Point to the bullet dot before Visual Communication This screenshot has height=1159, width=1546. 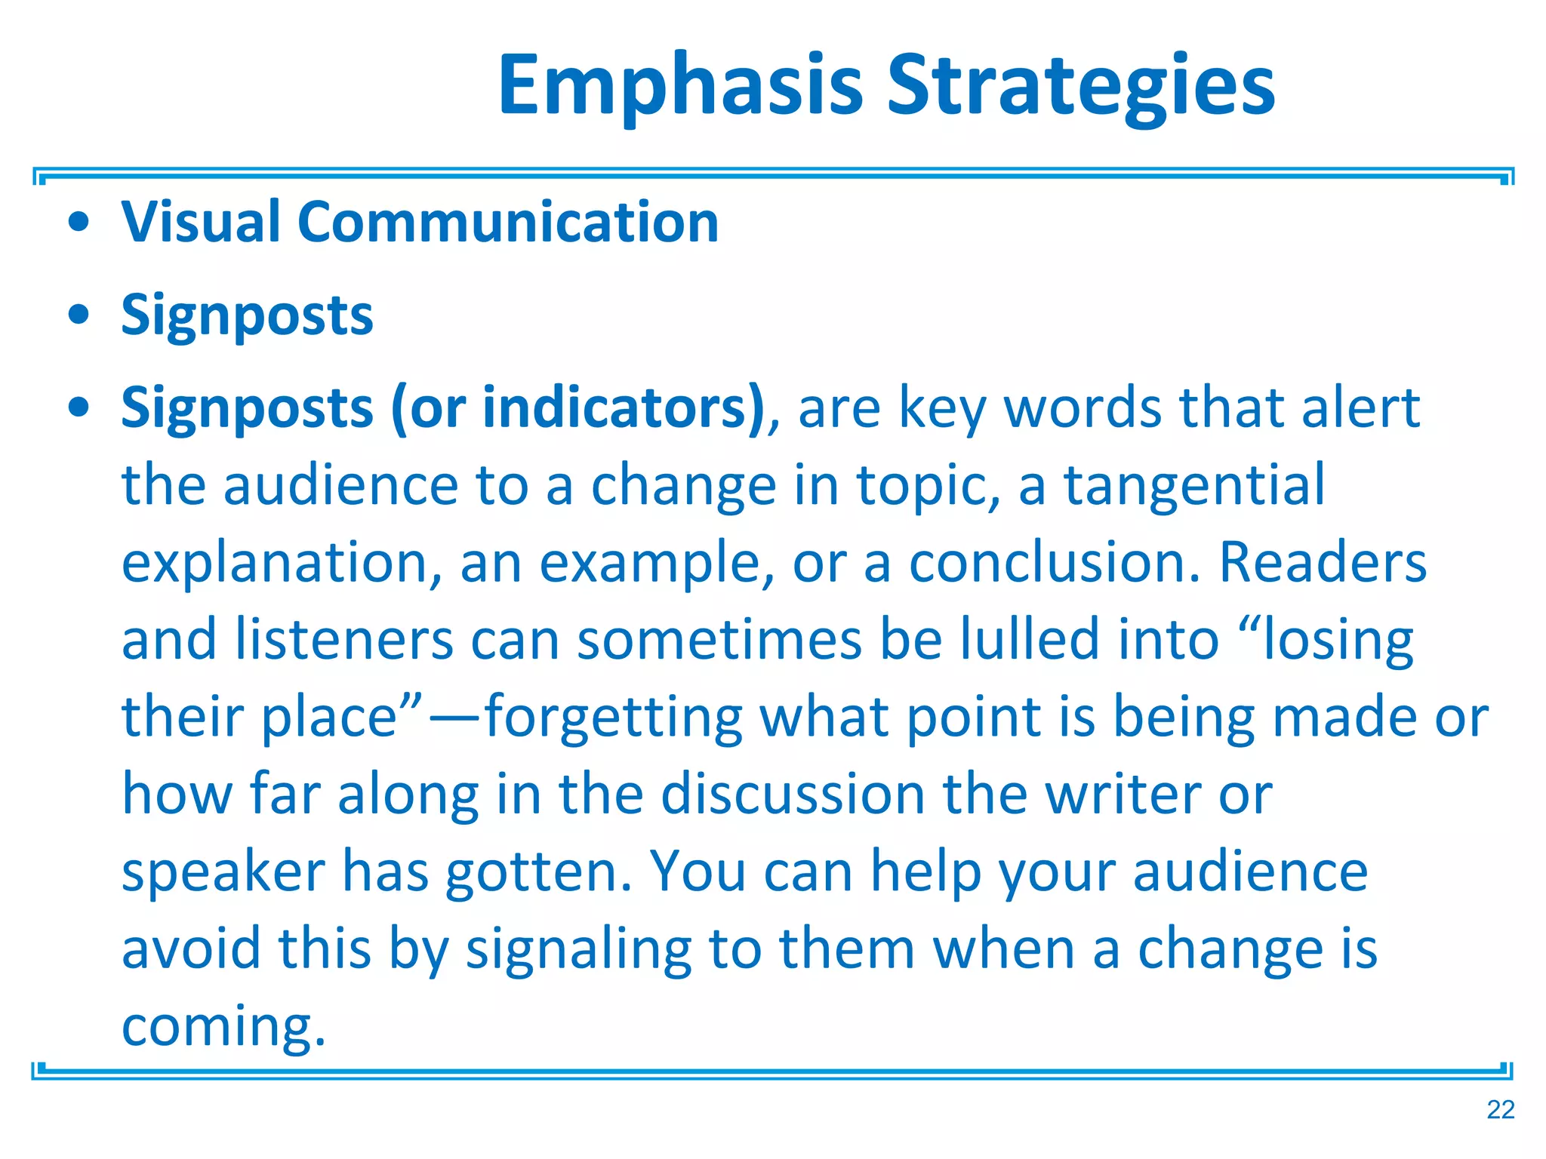click(x=79, y=223)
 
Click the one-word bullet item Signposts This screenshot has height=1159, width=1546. click(x=247, y=315)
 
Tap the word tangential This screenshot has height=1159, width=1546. click(x=1194, y=485)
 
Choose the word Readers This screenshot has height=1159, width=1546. click(x=1323, y=563)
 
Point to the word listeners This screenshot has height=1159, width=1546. click(x=344, y=640)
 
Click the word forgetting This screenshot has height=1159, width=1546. click(x=613, y=717)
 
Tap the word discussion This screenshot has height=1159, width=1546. click(x=793, y=795)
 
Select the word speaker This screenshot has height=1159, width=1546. click(x=223, y=872)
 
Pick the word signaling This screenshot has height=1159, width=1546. click(x=578, y=949)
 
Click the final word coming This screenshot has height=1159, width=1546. click(x=223, y=1026)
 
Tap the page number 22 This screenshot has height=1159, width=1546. click(x=1500, y=1110)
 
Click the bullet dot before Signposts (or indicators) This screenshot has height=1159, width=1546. click(x=79, y=408)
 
